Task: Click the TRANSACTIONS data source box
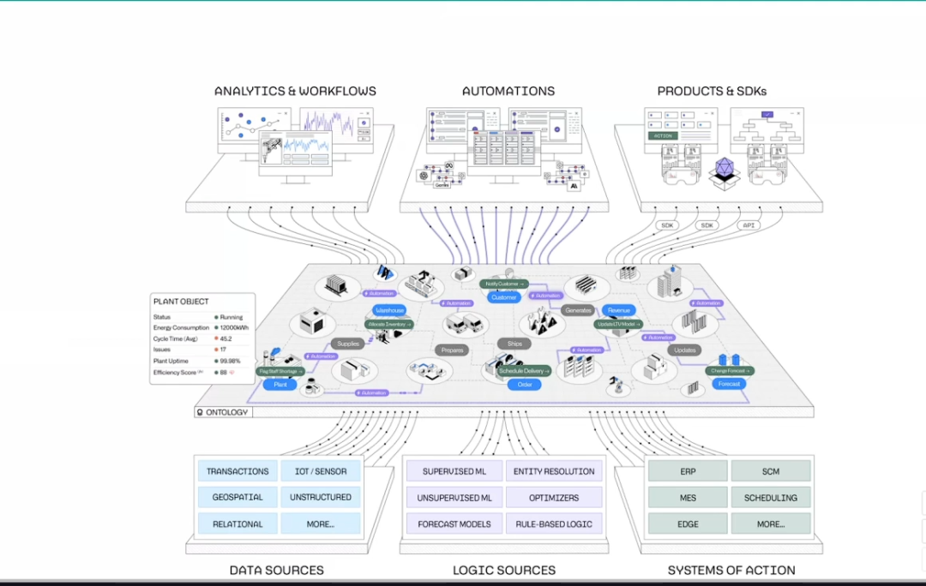coord(238,471)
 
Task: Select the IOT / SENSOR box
coord(321,471)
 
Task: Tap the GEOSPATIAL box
coord(238,497)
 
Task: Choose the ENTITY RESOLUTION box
coord(554,471)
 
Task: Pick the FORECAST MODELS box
coord(454,523)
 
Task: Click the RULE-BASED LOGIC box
coord(554,523)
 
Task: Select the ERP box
coord(688,471)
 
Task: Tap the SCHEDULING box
coord(770,497)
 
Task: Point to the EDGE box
coord(688,523)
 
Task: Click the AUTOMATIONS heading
coord(508,91)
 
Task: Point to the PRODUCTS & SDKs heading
coord(712,91)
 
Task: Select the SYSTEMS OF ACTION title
coord(731,570)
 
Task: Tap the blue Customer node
coord(504,297)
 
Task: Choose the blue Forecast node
coord(731,384)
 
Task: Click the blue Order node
coord(525,385)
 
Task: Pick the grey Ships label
coord(514,344)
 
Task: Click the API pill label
coord(749,225)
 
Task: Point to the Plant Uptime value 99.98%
coord(231,362)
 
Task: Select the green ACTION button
coord(663,135)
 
